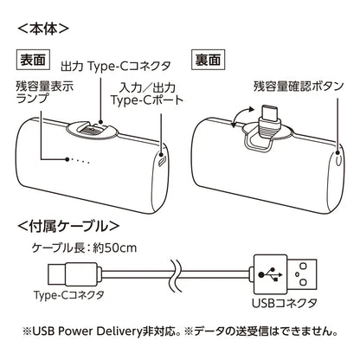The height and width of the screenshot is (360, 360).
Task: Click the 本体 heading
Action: click(x=42, y=27)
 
